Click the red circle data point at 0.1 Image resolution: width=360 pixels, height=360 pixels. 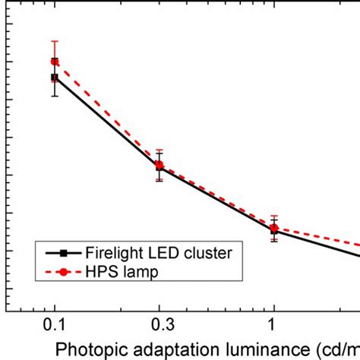click(54, 62)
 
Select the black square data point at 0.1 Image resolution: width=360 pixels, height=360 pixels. click(54, 77)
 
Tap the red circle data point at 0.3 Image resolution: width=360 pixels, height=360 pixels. click(159, 165)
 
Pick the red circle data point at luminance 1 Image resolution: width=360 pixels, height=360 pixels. click(274, 227)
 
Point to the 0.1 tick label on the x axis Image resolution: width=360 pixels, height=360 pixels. click(54, 324)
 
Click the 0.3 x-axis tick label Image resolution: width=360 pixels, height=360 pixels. click(159, 324)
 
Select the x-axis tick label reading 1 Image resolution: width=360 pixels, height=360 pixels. click(274, 324)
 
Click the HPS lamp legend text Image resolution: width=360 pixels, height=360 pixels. click(120, 271)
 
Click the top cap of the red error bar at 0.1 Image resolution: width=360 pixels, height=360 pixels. click(54, 41)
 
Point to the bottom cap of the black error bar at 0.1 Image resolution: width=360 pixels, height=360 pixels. click(54, 96)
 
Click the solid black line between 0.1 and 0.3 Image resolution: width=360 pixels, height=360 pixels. click(106, 124)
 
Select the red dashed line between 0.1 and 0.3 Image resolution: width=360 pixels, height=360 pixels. click(106, 111)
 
